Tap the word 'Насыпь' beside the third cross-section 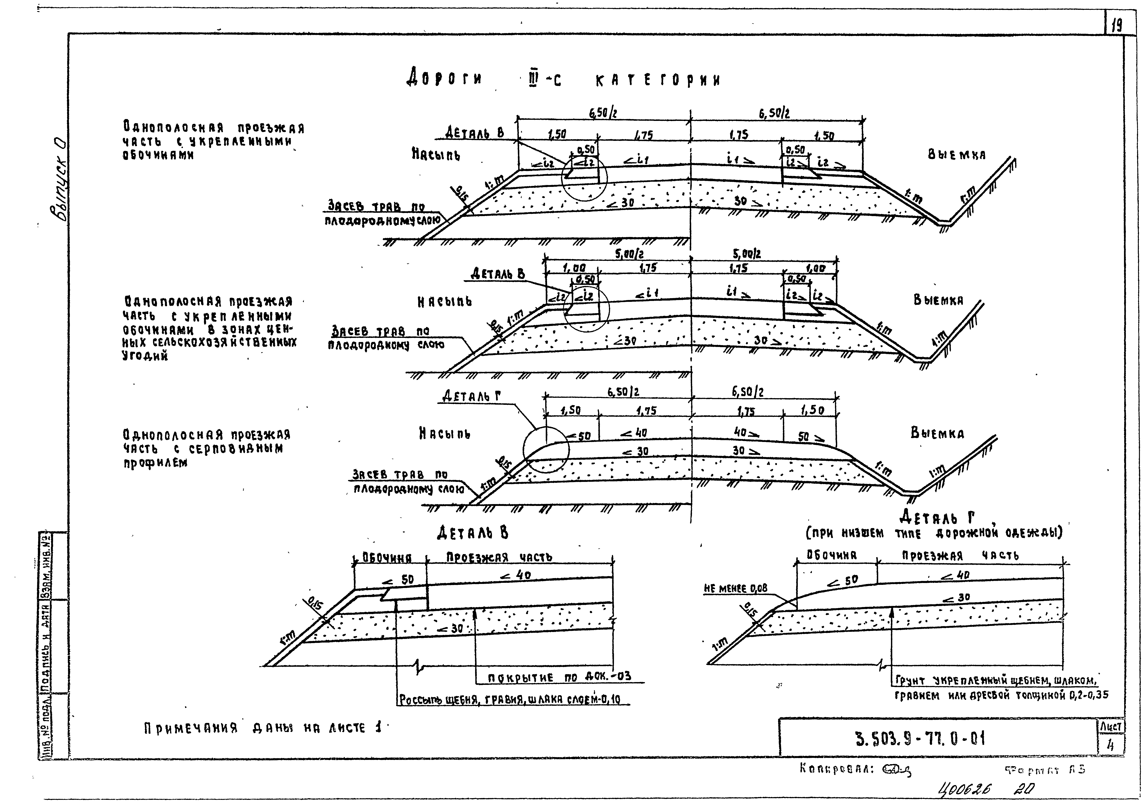(444, 434)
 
